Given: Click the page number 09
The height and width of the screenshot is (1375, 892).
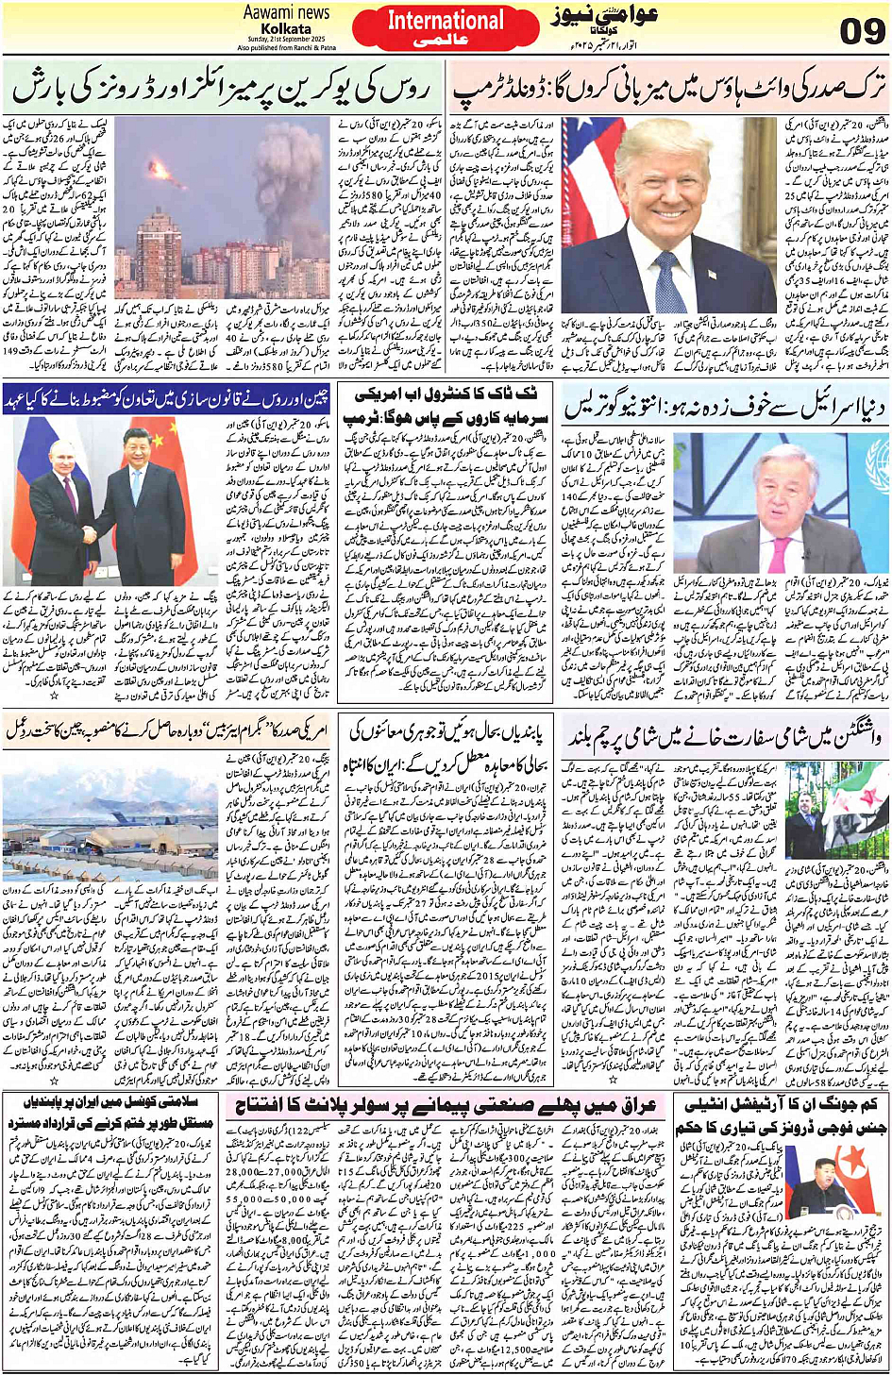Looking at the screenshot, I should click(x=862, y=31).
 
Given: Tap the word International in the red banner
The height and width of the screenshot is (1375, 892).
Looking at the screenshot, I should click(x=446, y=21).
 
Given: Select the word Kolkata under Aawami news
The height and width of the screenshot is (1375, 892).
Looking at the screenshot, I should click(x=286, y=29).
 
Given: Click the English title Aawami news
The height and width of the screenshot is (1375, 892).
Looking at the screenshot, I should click(x=286, y=12).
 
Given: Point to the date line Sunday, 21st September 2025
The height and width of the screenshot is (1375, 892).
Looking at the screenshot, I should click(x=286, y=39).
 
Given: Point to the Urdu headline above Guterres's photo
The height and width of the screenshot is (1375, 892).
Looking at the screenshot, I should click(x=725, y=407).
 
